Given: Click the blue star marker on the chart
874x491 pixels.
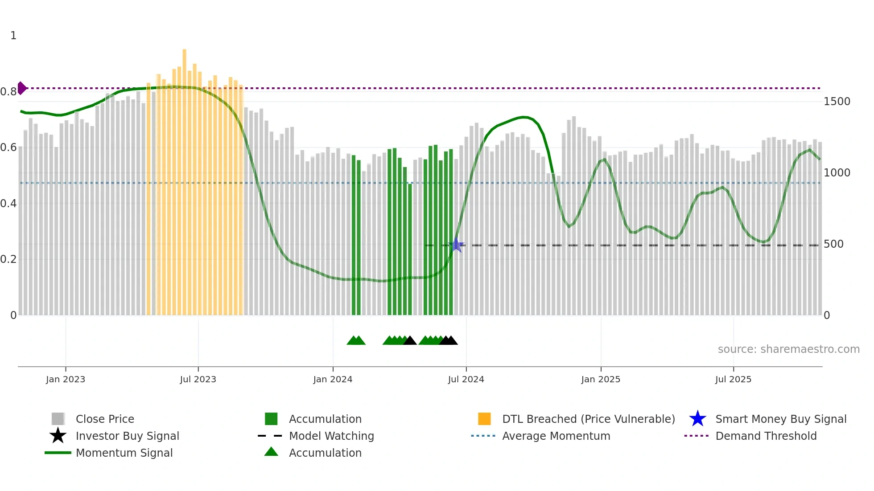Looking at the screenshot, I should (456, 245).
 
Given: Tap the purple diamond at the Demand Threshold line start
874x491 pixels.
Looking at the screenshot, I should (21, 88).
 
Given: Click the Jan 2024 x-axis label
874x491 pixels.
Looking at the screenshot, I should (333, 379).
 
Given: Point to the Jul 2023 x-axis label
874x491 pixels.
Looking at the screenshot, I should (198, 379).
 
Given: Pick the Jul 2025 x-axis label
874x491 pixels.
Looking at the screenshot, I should (733, 379).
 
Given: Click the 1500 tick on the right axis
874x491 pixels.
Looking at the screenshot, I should (837, 102).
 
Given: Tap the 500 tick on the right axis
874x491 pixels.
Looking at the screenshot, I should (833, 244).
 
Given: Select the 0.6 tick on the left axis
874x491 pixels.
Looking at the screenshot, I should (8, 147).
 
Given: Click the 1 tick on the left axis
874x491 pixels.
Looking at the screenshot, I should (13, 36).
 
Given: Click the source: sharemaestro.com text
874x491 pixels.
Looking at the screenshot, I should (788, 349).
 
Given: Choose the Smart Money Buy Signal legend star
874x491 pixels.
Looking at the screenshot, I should (697, 419).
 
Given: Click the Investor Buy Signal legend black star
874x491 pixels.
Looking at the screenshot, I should (58, 436).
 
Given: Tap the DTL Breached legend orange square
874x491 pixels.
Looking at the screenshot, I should (484, 419).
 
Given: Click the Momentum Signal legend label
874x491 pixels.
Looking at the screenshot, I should (124, 453).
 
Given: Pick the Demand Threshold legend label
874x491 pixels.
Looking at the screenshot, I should (766, 436).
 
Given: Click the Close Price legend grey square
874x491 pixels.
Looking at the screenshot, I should (58, 419).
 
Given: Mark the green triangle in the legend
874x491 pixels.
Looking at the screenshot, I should (271, 452).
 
